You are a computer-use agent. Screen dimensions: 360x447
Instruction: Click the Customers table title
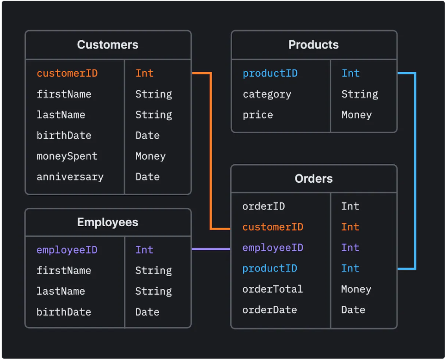click(107, 45)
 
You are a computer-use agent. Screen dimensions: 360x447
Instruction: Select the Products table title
click(313, 45)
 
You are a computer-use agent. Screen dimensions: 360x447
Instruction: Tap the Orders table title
click(313, 179)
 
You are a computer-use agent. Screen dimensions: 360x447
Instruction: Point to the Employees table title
click(107, 223)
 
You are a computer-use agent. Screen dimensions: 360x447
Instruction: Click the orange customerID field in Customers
click(67, 74)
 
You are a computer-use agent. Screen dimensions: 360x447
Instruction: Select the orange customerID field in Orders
click(273, 227)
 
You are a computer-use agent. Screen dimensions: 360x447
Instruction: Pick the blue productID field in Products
click(270, 74)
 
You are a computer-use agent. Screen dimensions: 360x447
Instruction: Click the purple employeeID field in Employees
click(67, 250)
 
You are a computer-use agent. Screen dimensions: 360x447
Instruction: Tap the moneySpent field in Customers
click(67, 156)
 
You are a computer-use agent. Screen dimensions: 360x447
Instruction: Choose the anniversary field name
click(70, 177)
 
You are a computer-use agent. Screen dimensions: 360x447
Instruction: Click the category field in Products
click(267, 94)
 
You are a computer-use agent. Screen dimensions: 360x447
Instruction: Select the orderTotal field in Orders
click(272, 289)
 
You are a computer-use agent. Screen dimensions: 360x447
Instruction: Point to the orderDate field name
click(269, 310)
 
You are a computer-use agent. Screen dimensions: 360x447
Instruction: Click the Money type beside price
click(356, 115)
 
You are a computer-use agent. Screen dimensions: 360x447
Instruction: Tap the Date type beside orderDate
click(353, 310)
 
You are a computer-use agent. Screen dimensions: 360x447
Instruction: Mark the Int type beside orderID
click(350, 206)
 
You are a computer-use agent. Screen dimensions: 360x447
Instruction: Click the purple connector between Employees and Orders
click(211, 249)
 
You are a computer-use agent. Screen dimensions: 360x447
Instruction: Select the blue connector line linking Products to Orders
click(415, 171)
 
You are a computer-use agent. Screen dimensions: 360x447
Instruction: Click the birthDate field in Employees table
click(64, 312)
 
